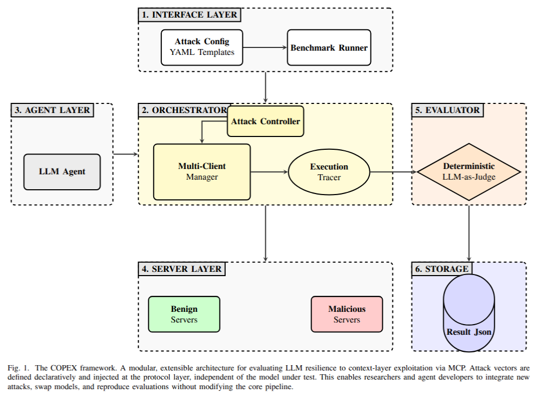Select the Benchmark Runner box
point(329,47)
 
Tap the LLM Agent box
point(62,172)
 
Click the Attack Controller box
point(265,121)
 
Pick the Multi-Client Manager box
point(202,172)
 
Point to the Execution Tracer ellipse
point(329,172)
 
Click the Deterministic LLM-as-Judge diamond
point(469,172)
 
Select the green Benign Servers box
point(184,314)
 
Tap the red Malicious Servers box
point(346,314)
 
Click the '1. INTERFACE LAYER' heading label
point(189,15)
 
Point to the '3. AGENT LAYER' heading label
point(52,110)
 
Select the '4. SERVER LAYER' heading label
point(181,269)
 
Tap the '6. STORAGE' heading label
point(441,269)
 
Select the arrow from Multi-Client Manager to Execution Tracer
point(269,172)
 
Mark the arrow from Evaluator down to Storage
point(469,232)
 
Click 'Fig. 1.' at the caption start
point(19,368)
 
